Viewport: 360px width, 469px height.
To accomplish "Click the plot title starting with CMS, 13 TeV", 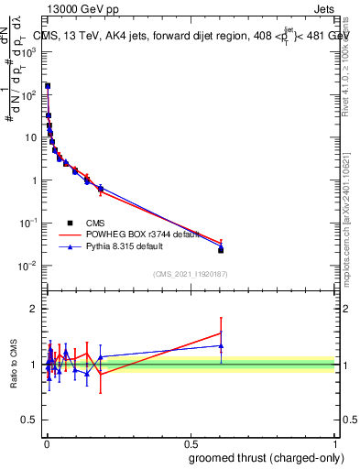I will click(190, 36).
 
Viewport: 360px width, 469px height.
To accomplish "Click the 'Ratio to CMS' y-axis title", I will click(14, 364).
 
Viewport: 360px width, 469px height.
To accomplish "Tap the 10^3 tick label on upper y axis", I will click(29, 52).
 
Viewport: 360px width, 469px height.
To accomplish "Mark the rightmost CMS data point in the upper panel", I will click(221, 249).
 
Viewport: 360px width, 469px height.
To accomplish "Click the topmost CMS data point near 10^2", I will click(48, 86).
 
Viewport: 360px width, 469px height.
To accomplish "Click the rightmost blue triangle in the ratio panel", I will click(221, 345).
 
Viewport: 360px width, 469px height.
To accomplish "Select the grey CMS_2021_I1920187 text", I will click(190, 273).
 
